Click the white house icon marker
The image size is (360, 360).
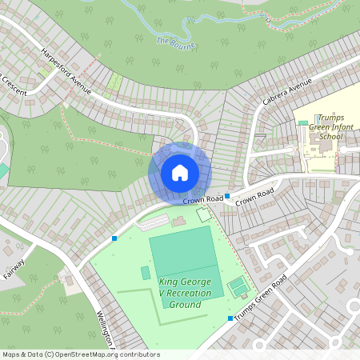(x=180, y=172)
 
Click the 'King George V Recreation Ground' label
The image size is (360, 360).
(x=185, y=293)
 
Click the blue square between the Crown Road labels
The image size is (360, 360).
(x=227, y=196)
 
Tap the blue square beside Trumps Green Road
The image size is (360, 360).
(x=230, y=318)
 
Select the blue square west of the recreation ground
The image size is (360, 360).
(x=114, y=238)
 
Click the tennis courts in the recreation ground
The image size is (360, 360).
(x=238, y=285)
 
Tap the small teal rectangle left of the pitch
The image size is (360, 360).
(x=145, y=273)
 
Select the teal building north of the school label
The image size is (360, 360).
(x=303, y=122)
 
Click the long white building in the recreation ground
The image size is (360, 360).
(x=152, y=222)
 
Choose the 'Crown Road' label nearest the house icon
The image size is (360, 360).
(x=202, y=199)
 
